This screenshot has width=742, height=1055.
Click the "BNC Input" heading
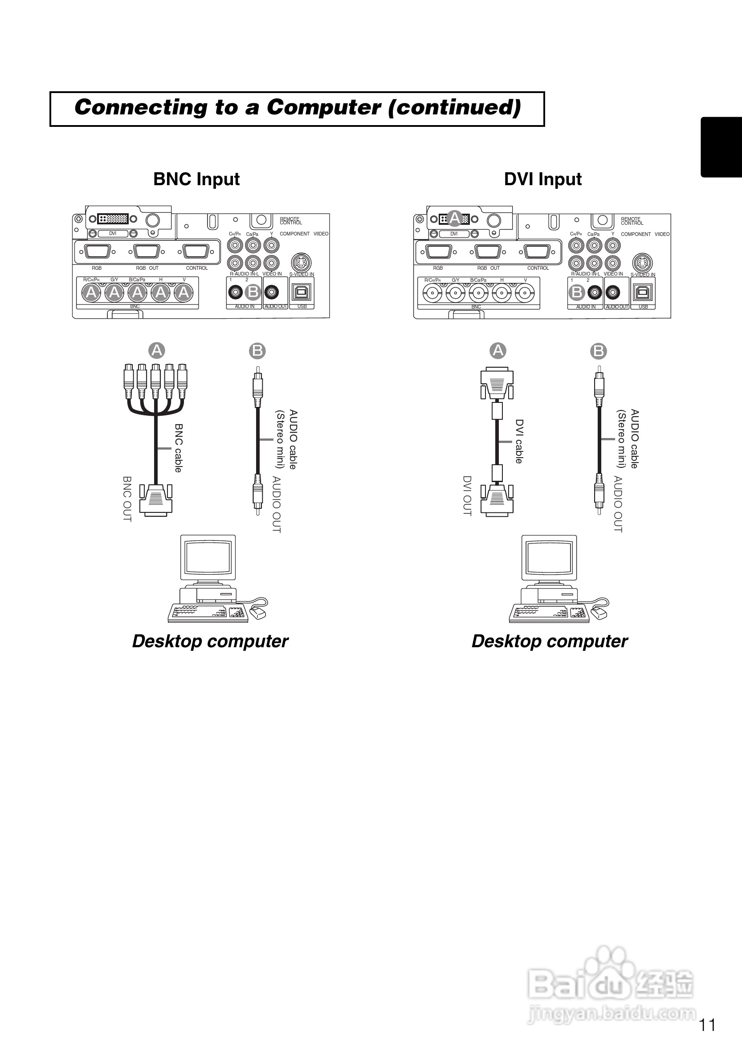tap(196, 179)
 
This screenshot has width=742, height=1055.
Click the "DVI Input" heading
tap(542, 179)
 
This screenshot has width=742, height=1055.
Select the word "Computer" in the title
tap(324, 108)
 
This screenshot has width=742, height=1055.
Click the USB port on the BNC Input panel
tap(302, 292)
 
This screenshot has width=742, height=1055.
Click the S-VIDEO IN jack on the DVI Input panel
tap(642, 263)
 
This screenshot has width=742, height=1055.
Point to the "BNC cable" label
tap(179, 447)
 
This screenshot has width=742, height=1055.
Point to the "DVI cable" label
tap(519, 441)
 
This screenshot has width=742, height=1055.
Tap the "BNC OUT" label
tap(127, 499)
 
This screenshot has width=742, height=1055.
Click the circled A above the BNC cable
tap(157, 351)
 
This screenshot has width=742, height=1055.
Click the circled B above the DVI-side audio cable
tap(598, 351)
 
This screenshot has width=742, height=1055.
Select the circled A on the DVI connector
tap(455, 218)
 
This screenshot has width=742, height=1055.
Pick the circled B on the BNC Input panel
tap(253, 292)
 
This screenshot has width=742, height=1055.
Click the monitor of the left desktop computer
tap(208, 557)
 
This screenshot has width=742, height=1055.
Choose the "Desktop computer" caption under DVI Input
tap(550, 641)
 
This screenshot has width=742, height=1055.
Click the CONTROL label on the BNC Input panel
tap(197, 268)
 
